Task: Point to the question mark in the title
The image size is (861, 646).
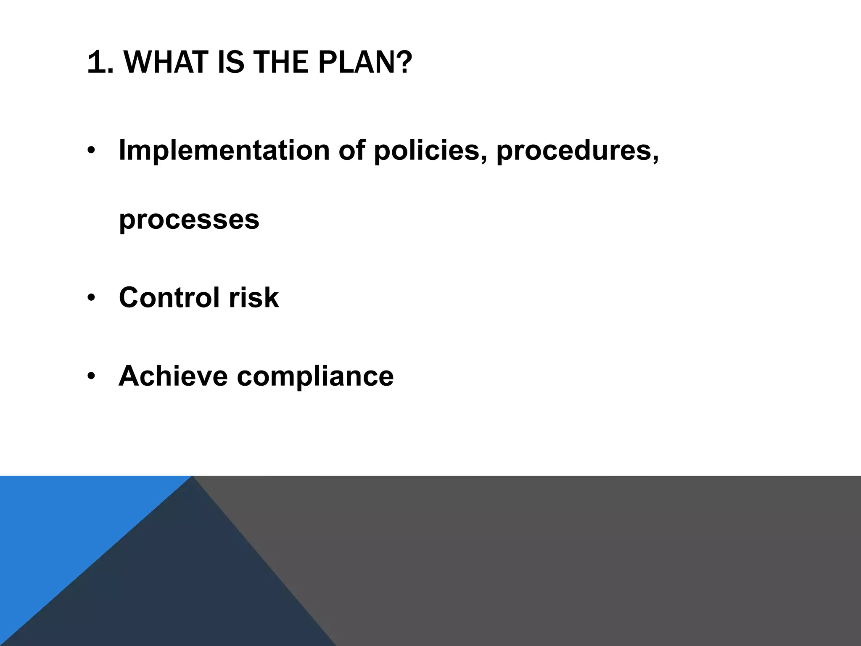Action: click(x=404, y=62)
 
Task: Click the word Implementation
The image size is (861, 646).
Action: click(x=224, y=150)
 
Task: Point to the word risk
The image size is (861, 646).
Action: click(x=254, y=298)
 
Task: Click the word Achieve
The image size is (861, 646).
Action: click(x=173, y=376)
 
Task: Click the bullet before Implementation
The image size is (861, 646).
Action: click(x=91, y=151)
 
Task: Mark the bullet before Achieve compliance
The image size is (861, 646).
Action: click(x=91, y=376)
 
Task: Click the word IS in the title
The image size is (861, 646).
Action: click(x=231, y=62)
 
